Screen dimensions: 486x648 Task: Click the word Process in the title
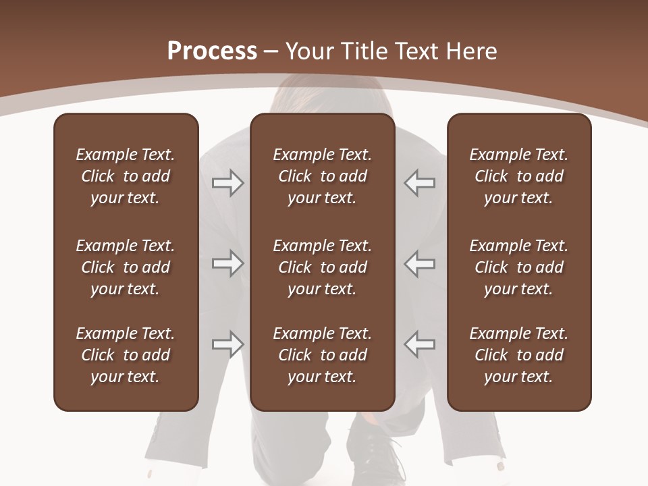point(212,51)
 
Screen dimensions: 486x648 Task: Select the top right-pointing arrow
point(228,183)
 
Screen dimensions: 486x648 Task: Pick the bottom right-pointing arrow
point(228,344)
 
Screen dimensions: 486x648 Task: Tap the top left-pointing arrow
point(419,183)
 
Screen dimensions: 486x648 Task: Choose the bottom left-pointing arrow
point(419,344)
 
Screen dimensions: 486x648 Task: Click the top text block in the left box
point(126,176)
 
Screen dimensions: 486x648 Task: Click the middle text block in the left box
point(126,267)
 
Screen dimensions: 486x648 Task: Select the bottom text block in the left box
point(126,355)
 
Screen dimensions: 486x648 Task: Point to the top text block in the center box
point(322,176)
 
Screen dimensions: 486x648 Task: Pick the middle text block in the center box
point(322,267)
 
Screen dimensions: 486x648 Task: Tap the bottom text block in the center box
point(322,355)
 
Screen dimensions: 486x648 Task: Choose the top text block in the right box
point(518,176)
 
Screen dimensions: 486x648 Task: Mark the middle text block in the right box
point(518,267)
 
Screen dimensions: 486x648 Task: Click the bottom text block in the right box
point(518,355)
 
